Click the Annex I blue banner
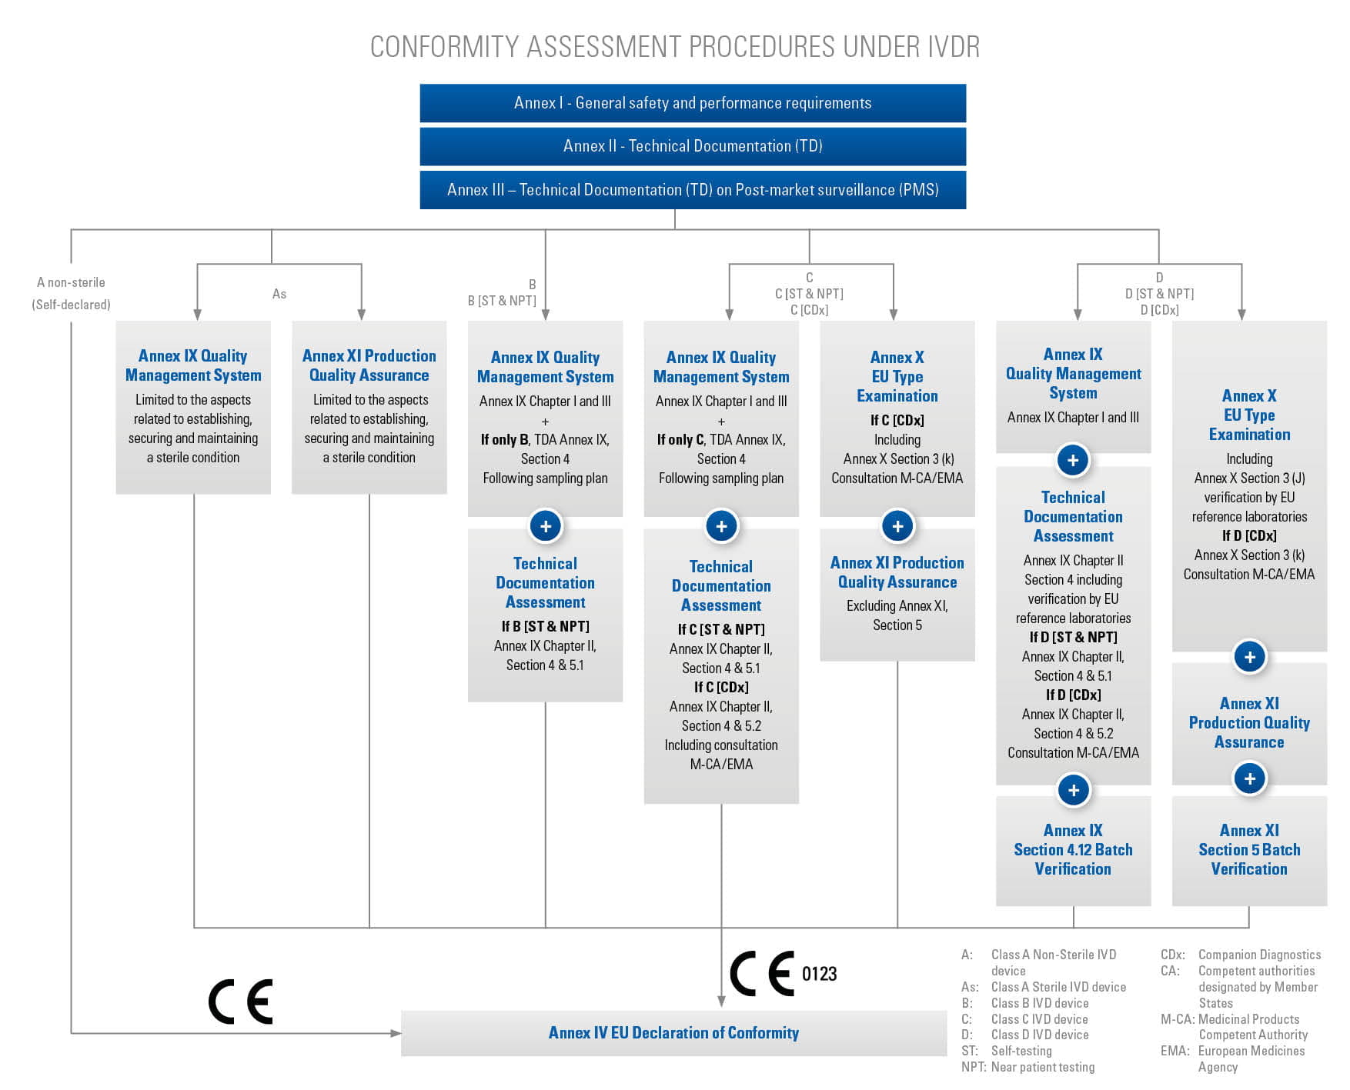693,103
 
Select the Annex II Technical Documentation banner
693,146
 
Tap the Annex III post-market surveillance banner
693,190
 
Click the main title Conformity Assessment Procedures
675,47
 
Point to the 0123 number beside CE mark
819,974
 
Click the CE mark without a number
240,1002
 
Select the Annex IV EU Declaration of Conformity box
673,1033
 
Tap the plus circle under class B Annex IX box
546,526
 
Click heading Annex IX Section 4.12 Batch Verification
1073,849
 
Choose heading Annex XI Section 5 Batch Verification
1249,849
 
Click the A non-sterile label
71,282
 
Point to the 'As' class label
279,294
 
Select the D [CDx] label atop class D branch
1159,310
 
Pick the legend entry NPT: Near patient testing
1028,1067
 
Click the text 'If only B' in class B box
504,440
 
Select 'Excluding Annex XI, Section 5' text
897,615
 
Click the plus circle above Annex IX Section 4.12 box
1073,790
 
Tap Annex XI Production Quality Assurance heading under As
369,365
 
